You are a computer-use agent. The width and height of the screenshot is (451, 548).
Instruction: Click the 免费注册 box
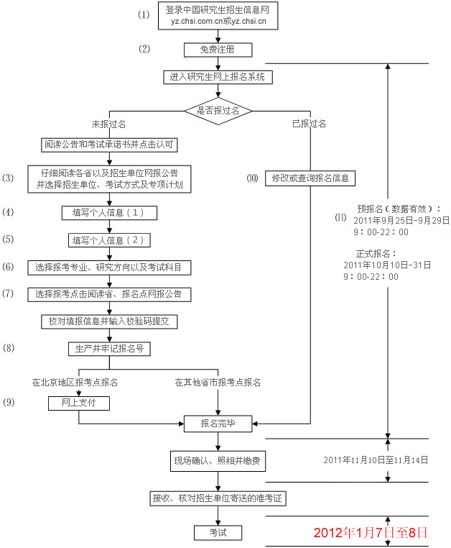coord(218,50)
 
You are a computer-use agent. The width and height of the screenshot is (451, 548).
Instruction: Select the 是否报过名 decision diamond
coord(218,111)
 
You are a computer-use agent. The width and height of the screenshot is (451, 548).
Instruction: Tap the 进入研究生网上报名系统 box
coord(218,76)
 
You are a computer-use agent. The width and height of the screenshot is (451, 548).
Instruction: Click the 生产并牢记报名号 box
coord(109,348)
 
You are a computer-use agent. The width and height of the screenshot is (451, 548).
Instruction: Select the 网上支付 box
coord(79,403)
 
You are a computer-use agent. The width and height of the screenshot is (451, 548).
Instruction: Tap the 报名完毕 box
coord(218,424)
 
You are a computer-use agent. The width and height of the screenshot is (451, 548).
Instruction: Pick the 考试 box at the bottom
coord(218,533)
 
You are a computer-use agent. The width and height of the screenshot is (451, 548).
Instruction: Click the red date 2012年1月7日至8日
coord(370,533)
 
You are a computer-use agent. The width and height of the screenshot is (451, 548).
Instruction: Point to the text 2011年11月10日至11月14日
coord(376,459)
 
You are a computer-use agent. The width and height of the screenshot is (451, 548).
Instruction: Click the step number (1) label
coord(144,14)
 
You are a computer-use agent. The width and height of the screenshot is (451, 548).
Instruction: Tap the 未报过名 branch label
coord(109,124)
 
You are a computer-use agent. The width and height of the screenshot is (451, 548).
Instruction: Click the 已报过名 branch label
coord(310,124)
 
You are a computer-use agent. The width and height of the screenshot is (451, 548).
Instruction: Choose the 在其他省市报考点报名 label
coord(218,382)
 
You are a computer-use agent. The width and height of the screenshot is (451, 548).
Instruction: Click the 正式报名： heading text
coord(376,254)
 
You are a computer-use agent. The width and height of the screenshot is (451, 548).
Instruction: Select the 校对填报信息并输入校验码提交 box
coord(109,321)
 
